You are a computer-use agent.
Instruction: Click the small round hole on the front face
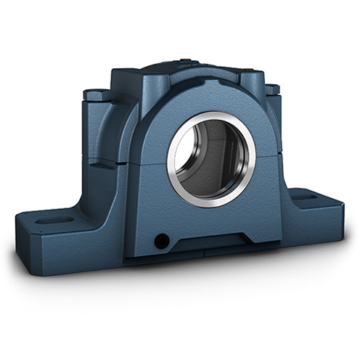click(x=162, y=240)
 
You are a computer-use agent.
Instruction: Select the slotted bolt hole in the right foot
click(x=305, y=195)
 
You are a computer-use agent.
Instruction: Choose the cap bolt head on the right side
click(x=272, y=89)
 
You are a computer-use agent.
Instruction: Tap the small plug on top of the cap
click(x=185, y=62)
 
